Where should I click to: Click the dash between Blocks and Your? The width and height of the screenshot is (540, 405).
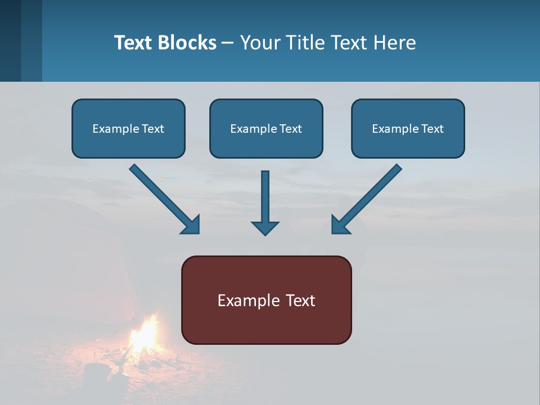[228, 43]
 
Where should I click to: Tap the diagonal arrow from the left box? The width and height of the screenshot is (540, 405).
[160, 195]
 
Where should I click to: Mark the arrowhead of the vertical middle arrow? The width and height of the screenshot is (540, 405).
[265, 228]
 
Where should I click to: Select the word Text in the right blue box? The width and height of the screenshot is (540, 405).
[433, 129]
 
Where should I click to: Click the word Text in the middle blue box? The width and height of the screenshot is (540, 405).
[291, 129]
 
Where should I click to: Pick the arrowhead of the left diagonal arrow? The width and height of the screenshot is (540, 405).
[191, 225]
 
